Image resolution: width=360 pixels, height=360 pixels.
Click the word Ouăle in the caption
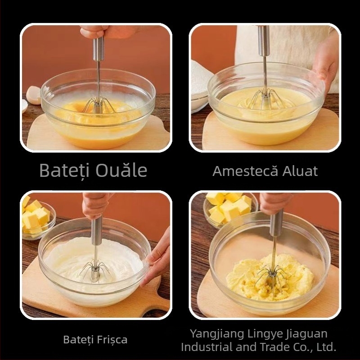pos(121,170)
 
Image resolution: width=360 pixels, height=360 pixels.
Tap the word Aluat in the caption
pos(300,171)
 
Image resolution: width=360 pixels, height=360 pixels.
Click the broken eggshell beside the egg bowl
pos(33,95)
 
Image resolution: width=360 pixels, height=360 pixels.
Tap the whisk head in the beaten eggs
pos(98,105)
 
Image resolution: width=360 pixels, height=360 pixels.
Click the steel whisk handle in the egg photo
pos(99,49)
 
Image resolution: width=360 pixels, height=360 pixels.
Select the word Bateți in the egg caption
pos(64,171)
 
